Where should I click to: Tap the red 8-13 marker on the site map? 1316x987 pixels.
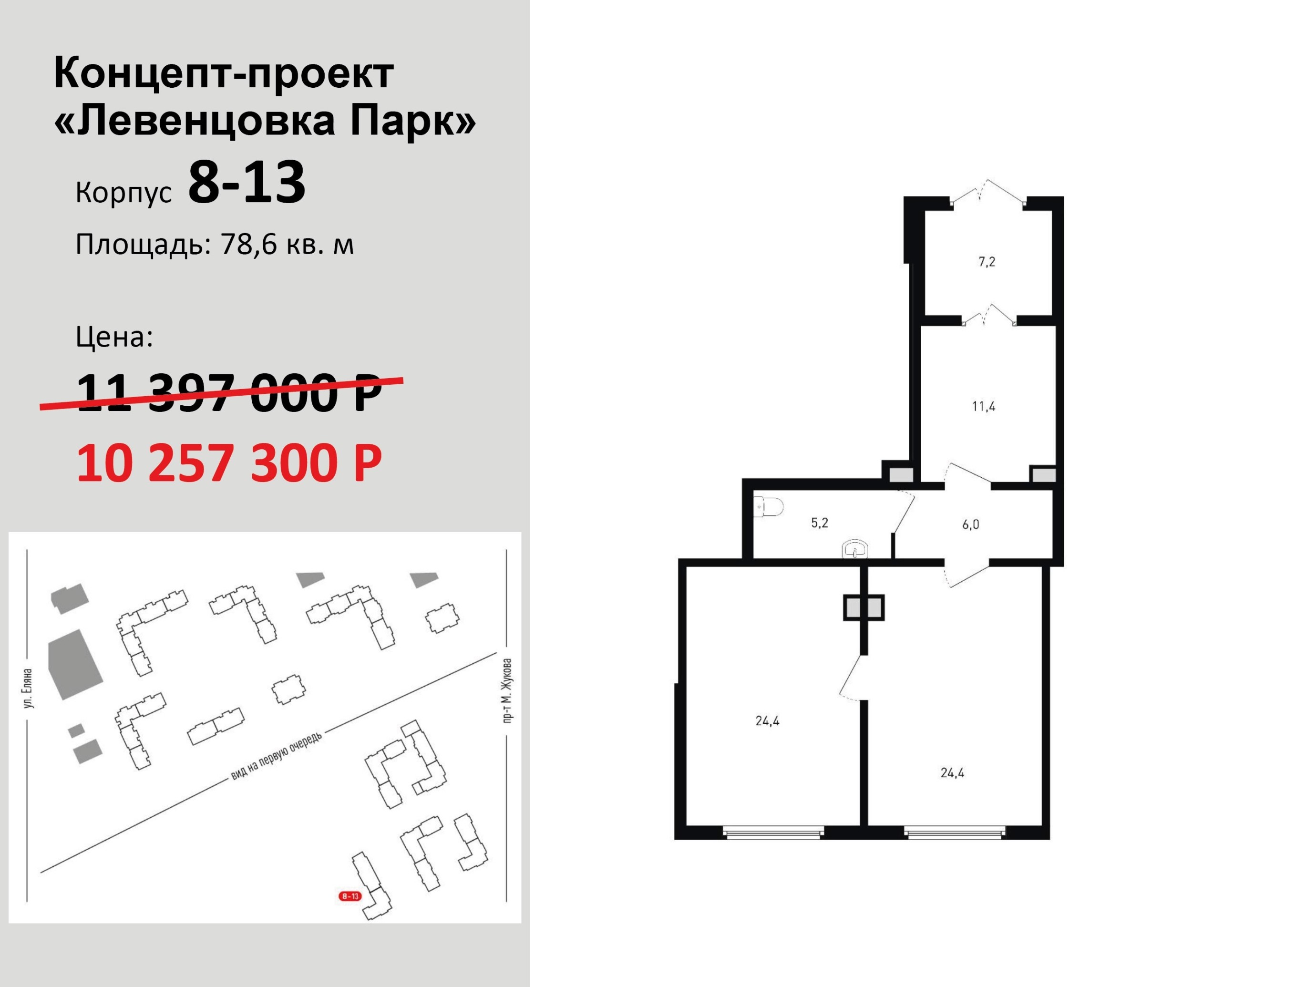tap(350, 896)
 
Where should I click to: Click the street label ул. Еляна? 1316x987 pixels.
tap(27, 689)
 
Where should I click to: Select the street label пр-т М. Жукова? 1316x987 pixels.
tap(507, 690)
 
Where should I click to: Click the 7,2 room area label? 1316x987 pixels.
tap(987, 262)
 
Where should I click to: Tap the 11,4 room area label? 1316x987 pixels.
tap(984, 407)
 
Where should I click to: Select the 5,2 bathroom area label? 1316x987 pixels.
tap(819, 523)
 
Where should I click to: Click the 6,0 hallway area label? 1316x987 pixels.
tap(970, 525)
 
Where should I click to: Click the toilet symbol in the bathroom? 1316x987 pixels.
tap(768, 507)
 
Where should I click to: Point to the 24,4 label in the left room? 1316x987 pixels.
tap(768, 721)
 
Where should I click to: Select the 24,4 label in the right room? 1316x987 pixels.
tap(953, 773)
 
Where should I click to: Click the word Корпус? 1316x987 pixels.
tap(124, 193)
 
